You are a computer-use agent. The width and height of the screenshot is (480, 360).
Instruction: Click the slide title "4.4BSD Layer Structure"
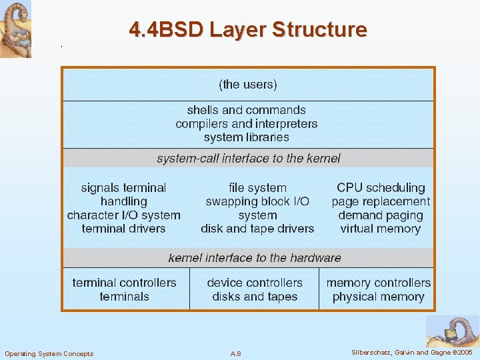coord(248,30)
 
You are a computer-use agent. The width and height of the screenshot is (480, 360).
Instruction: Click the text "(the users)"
coord(248,85)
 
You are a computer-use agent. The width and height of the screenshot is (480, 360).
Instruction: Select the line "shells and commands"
coord(247,110)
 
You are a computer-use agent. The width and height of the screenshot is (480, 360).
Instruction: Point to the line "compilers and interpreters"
coord(247,124)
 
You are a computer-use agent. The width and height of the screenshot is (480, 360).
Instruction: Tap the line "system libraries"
coord(247,137)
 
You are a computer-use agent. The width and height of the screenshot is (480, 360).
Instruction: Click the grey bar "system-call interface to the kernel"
coord(248,159)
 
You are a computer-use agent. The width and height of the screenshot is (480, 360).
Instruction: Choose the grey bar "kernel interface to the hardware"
coord(255,258)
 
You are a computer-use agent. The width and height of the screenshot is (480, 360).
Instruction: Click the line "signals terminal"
coord(123,188)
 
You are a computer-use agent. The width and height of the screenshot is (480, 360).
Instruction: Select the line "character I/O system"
coord(123,215)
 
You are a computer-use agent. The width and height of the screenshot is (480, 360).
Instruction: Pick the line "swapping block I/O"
coord(257,201)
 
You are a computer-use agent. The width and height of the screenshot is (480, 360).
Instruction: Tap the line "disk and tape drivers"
coord(257,229)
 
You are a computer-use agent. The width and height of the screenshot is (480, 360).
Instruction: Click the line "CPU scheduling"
coord(381,188)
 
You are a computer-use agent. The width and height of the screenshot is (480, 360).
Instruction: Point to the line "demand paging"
coord(381,215)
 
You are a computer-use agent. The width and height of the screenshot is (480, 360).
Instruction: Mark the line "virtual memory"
coord(381,229)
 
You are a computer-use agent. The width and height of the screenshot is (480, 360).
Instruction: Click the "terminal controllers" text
coord(125,283)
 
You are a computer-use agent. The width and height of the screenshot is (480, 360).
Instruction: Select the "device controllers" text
coord(255,283)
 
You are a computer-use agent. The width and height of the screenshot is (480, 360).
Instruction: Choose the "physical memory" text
coord(378,297)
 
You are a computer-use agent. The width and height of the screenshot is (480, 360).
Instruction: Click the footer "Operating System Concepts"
coord(49,353)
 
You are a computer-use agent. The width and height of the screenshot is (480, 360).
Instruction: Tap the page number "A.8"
coord(235,353)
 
